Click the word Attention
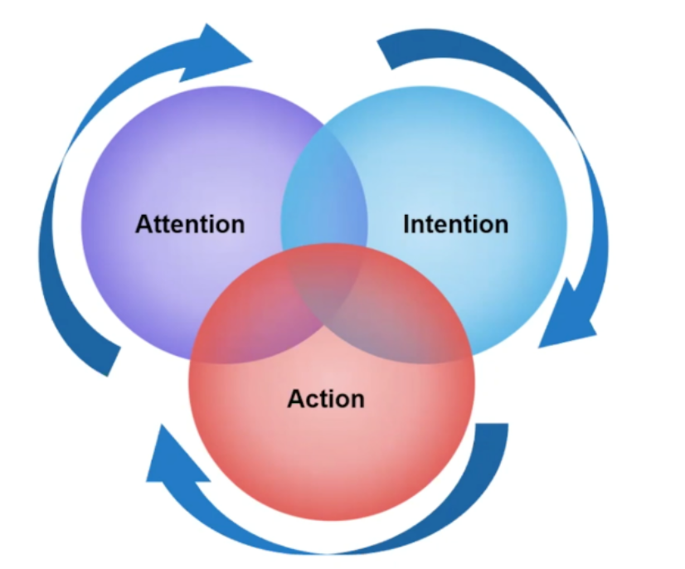point(190,224)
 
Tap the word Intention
point(455,224)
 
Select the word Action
point(326,399)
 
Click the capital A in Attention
point(144,224)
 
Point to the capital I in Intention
point(406,224)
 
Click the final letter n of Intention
point(500,225)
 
